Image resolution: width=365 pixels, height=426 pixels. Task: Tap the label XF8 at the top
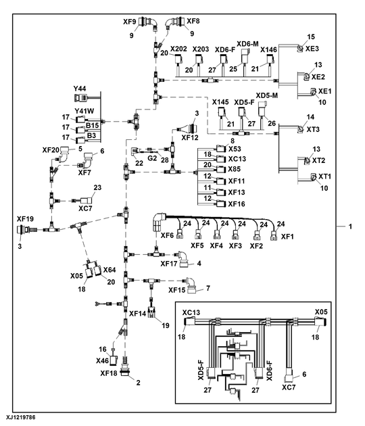click(193, 22)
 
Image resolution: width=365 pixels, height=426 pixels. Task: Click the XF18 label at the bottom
click(109, 373)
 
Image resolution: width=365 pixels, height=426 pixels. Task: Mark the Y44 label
click(80, 88)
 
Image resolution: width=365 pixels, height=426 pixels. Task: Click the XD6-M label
click(247, 43)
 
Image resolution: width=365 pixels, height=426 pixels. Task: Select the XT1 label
click(325, 176)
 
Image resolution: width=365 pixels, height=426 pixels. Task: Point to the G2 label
click(152, 158)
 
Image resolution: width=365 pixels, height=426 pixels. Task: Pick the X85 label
click(234, 168)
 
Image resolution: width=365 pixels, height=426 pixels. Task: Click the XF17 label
click(172, 264)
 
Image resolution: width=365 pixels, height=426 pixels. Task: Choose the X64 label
click(109, 269)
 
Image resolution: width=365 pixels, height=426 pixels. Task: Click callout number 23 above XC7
click(97, 187)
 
